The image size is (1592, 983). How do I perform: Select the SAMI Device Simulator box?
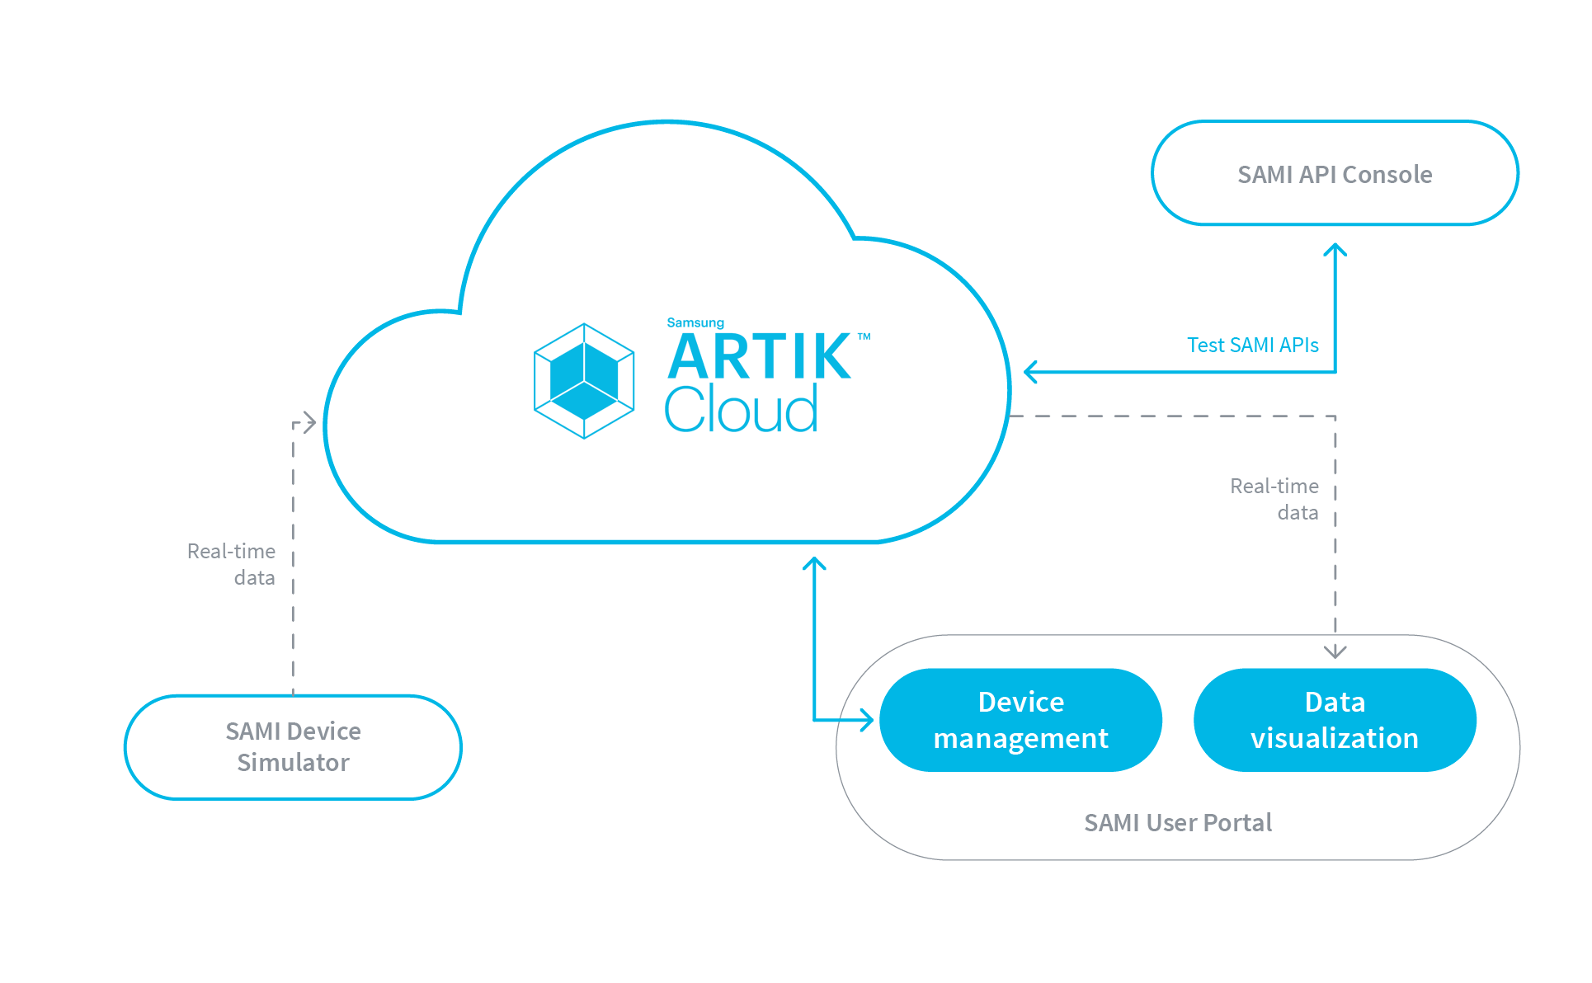coord(293,747)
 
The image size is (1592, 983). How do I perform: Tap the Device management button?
coord(1020,720)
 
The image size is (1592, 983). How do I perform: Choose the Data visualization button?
coord(1334,720)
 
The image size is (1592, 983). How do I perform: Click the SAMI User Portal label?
coord(1177,822)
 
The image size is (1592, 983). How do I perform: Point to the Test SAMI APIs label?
coord(1252,345)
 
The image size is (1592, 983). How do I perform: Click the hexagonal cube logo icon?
coord(584,381)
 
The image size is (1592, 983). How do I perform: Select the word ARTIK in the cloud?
coord(759,357)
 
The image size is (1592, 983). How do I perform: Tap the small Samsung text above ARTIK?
coord(695,322)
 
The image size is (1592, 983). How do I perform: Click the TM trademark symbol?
coord(864,336)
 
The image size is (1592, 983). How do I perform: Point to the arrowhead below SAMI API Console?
coord(1335,249)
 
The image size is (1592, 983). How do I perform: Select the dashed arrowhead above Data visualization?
coord(1335,651)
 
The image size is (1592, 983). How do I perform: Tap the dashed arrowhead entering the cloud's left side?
coord(309,423)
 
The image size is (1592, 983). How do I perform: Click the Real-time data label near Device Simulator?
coord(233,564)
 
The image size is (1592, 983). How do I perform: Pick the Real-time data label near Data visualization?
coord(1275,499)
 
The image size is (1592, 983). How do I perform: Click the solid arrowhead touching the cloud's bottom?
coord(814,563)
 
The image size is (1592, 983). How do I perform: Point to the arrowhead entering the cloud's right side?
coord(1030,372)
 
